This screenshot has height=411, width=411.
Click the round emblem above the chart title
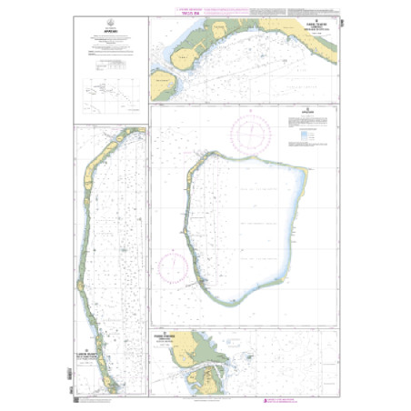click(x=109, y=27)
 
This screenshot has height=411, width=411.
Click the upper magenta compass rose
click(x=250, y=133)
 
